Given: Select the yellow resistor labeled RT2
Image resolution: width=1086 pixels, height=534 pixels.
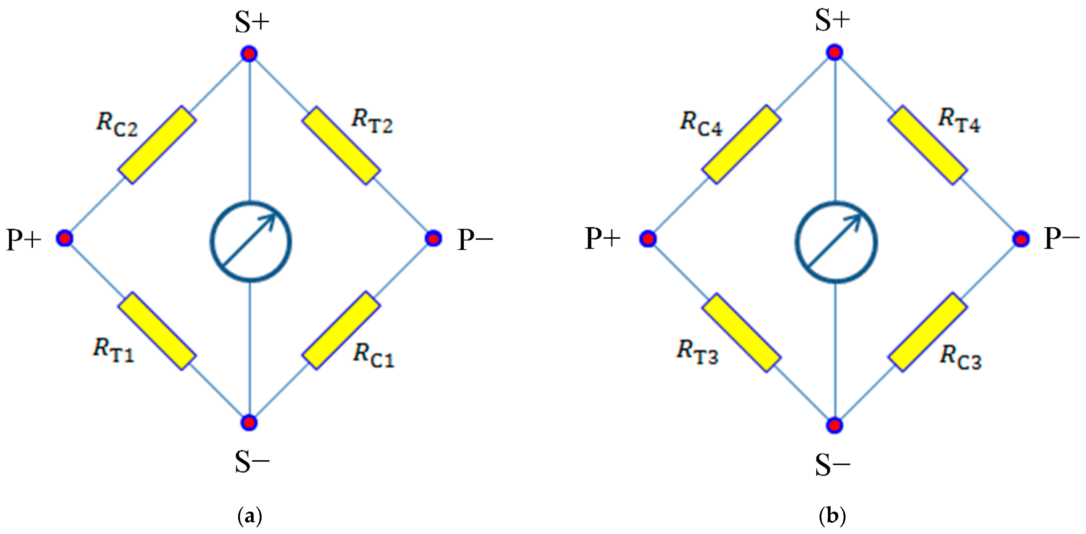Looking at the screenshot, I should coord(341,145).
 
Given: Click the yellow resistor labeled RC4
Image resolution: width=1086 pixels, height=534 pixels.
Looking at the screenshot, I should coord(741,145).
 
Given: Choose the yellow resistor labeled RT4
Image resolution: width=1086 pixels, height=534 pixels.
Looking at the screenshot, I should coord(928,145).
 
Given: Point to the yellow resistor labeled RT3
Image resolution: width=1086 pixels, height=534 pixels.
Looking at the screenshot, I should coord(741,332).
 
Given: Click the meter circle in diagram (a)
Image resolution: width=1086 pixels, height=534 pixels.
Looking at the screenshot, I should coord(251,242).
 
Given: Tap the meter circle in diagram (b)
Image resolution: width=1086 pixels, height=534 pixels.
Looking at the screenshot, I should coord(836,242).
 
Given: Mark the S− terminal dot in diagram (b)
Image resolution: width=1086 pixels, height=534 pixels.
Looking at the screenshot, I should coord(834,425).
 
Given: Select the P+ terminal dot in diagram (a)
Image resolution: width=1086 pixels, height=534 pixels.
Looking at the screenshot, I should coord(64,239).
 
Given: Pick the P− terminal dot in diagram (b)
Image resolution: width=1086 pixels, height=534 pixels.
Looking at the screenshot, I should coord(1021,239).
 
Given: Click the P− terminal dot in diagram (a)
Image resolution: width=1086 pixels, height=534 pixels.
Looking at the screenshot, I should coord(433,239).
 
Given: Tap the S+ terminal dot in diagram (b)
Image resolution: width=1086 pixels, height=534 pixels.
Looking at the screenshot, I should coord(834,53).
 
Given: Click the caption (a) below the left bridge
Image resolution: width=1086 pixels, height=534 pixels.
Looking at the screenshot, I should coord(250,516).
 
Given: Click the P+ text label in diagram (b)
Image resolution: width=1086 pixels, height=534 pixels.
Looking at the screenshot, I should coord(602,239).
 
